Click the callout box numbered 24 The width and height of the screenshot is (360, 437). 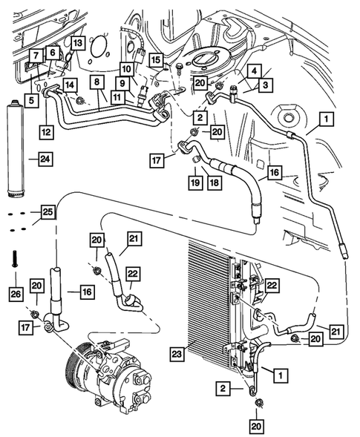pos(46,158)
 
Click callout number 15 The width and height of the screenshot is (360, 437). pos(154,59)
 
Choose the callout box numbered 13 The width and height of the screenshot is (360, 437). pos(77,42)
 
